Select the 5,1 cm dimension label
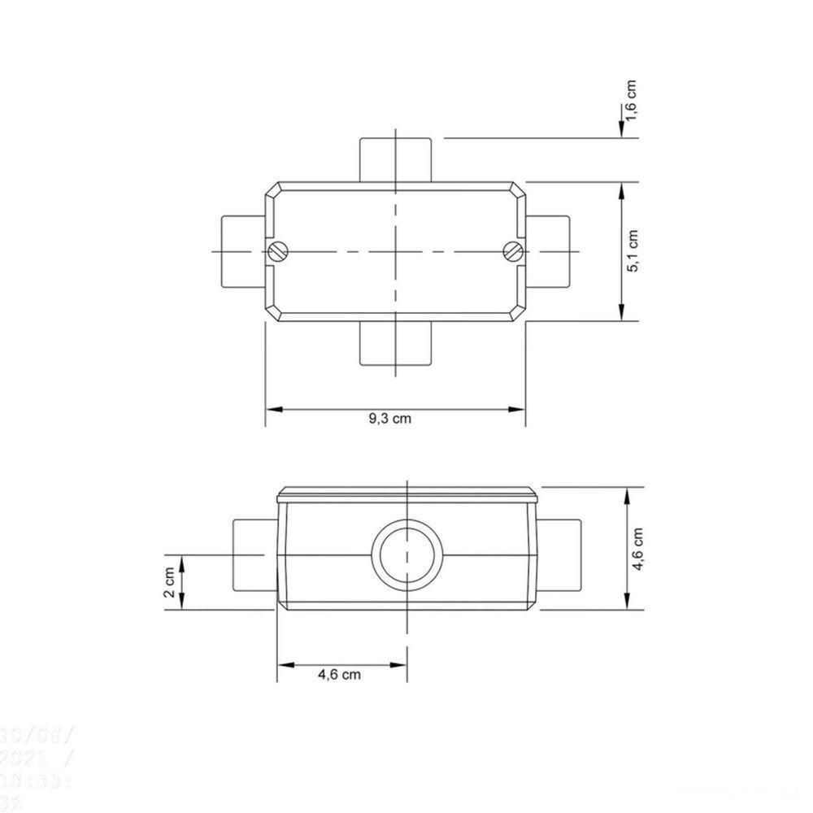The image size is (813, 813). (634, 252)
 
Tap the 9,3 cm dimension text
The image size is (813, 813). (389, 419)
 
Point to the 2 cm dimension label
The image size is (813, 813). (169, 582)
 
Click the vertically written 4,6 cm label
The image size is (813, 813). (639, 550)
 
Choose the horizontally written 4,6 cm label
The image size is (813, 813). (339, 674)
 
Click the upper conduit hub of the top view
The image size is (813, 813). (395, 159)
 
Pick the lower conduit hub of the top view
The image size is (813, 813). (395, 343)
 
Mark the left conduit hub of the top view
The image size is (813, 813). (242, 251)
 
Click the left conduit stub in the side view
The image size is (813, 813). (254, 555)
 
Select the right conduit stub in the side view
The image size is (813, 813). (560, 555)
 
